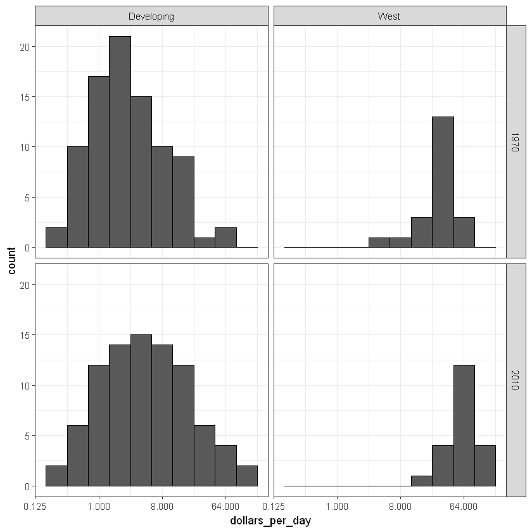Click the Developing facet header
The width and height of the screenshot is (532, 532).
click(151, 16)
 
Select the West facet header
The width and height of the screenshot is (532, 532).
click(389, 16)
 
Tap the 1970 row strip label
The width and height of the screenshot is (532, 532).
click(516, 141)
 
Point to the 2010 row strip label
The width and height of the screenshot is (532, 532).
click(516, 380)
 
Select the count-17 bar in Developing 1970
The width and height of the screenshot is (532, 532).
click(98, 161)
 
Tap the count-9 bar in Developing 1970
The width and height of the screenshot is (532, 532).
click(183, 202)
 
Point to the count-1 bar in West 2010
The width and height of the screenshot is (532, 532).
click(421, 481)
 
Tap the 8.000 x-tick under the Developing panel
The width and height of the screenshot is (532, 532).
click(162, 506)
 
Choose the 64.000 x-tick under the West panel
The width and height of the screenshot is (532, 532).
click(464, 506)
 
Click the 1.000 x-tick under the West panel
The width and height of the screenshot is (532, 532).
click(337, 506)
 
